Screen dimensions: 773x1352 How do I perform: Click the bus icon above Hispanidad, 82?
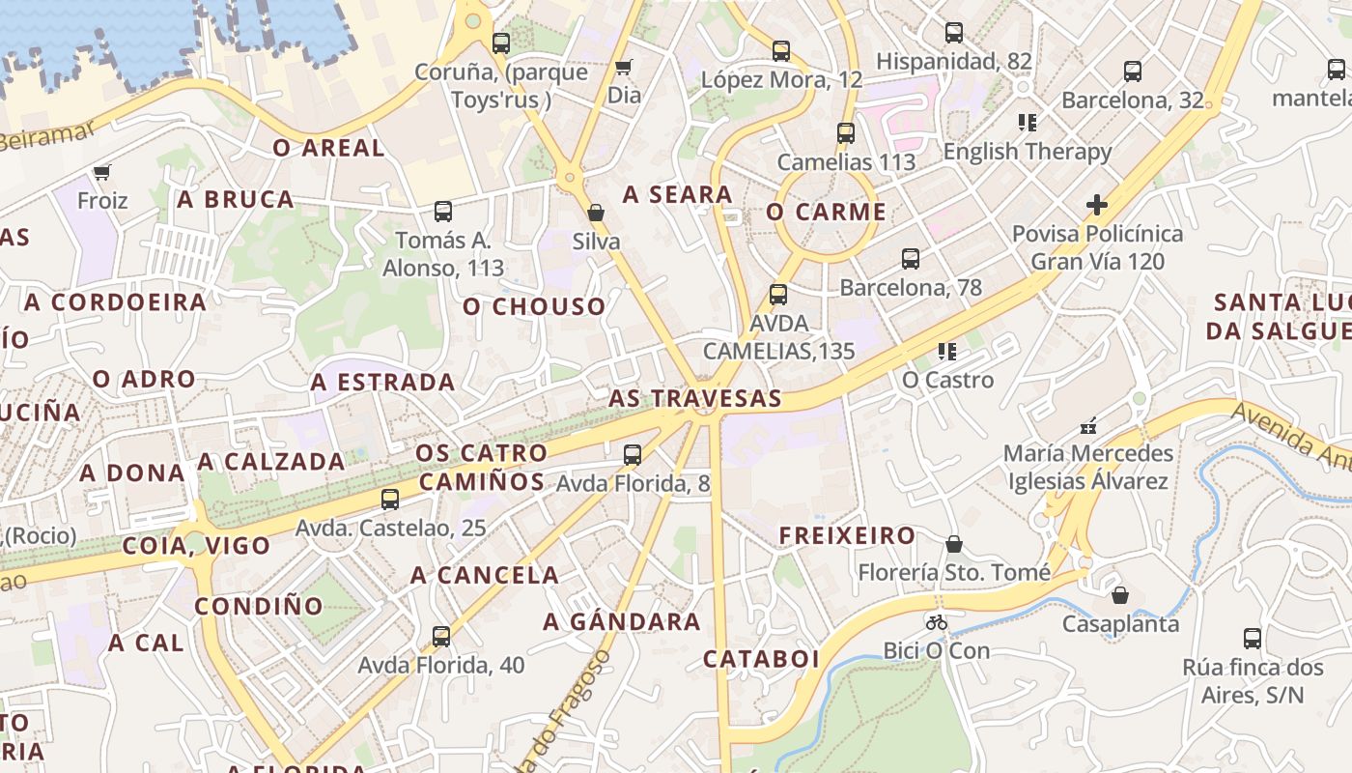[954, 33]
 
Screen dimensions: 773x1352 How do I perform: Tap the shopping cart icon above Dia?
[624, 67]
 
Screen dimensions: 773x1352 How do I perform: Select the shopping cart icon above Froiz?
[101, 172]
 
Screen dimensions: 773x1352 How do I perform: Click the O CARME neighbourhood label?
[826, 213]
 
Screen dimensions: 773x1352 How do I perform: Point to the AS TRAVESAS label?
[694, 398]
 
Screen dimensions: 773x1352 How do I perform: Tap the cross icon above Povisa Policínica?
[1096, 205]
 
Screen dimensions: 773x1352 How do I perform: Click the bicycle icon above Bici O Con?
[936, 622]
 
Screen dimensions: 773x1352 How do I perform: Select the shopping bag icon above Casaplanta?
[1120, 595]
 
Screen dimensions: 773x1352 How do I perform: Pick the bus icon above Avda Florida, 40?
[441, 637]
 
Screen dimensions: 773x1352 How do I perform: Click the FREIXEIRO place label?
[847, 535]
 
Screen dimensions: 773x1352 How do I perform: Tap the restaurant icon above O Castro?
[947, 352]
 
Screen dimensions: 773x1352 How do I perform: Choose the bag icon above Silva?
[596, 213]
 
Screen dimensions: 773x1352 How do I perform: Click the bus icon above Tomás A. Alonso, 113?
[443, 212]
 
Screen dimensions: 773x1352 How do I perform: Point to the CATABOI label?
[761, 659]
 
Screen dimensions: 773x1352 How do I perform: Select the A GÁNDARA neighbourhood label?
[622, 621]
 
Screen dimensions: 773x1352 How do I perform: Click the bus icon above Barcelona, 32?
[1133, 72]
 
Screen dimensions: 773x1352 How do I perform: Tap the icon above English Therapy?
[1028, 123]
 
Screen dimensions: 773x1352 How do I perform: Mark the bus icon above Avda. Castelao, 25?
[390, 500]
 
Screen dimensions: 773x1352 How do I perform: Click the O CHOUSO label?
[534, 306]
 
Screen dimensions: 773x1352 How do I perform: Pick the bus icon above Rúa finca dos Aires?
[1253, 639]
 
